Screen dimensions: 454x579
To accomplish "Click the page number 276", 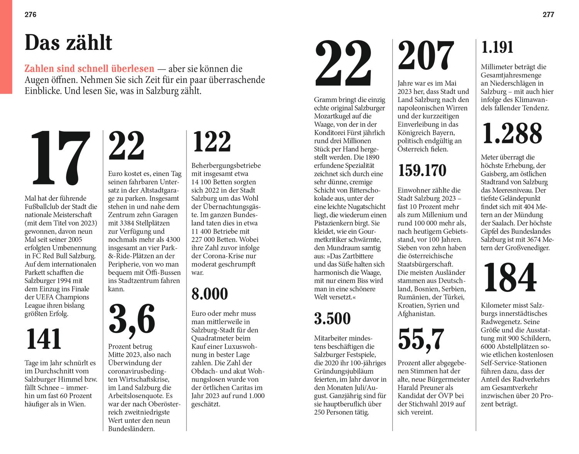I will pos(30,15).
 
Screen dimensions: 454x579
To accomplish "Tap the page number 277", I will pos(548,15).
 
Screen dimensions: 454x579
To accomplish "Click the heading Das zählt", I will pos(68,43).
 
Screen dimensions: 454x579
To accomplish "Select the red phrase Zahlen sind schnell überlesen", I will pos(89,69).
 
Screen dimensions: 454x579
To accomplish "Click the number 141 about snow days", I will pos(44,340).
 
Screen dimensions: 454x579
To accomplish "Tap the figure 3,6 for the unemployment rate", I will pos(132,319).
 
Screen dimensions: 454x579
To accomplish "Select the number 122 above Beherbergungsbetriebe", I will pos(212,142).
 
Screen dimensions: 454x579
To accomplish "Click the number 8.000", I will pos(210,294).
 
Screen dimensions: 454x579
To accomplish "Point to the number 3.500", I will pos(332,318).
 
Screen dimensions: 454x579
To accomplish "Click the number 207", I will pos(426,56).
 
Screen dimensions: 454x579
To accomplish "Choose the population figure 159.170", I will pos(422,171).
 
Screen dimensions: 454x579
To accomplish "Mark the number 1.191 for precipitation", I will pos(497,47).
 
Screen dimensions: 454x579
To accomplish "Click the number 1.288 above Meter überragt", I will pos(512,134).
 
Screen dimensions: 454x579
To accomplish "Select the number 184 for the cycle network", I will pos(510,278).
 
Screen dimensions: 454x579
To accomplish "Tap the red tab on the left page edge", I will pos(6,46).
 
